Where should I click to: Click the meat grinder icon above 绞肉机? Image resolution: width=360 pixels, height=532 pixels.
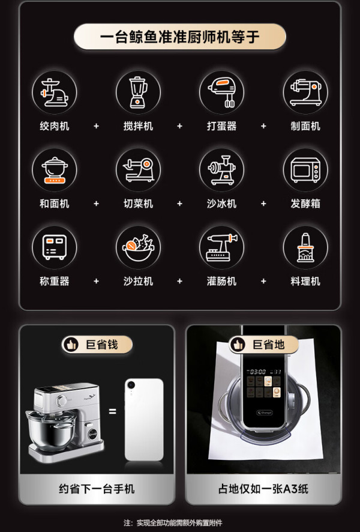point(54,92)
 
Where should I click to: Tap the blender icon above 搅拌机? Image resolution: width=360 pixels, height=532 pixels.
point(138,92)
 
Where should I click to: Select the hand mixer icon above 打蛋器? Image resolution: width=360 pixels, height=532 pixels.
point(221,92)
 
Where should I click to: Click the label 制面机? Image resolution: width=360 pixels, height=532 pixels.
point(305,126)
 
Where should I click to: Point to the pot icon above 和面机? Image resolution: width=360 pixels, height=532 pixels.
point(54,170)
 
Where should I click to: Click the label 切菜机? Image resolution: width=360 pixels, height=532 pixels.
point(138,204)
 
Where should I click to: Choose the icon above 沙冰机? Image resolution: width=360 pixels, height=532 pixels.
point(221,170)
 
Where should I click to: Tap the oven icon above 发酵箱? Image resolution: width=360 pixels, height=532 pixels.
point(305,170)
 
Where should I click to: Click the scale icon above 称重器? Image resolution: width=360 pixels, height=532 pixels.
point(54,247)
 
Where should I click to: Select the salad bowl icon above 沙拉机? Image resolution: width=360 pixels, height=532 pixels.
point(138,247)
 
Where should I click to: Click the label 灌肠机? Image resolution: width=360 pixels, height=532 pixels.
point(221,281)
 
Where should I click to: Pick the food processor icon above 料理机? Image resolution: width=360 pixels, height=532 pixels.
point(305,247)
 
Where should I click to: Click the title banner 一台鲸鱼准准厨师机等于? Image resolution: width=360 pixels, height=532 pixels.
point(179,37)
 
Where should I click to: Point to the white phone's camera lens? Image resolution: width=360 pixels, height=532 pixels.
point(131,385)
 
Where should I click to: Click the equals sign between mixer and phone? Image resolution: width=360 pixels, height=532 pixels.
point(112,411)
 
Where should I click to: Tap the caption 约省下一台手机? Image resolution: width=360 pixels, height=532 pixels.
point(97,489)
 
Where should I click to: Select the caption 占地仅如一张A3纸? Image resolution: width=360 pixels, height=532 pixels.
point(263,489)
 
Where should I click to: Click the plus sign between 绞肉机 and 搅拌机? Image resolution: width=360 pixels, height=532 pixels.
point(96,126)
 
